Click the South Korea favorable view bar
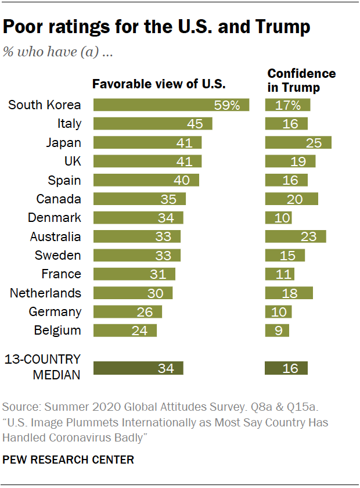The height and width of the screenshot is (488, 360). pos(171,105)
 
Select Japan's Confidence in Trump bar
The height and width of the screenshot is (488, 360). pos(298,143)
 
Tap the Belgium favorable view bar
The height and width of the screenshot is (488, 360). pos(125,331)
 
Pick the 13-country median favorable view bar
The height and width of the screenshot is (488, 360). pos(138,368)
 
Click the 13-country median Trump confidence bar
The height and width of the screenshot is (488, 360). pos(286,368)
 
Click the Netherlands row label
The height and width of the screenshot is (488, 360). pos(45,293)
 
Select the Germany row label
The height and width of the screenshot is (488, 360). pos(55,312)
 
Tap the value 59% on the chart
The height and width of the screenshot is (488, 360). pos(228,105)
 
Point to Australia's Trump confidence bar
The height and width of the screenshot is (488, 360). pos(295,236)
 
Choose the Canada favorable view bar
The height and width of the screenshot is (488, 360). pos(139,199)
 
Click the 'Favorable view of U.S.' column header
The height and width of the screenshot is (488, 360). pos(159,84)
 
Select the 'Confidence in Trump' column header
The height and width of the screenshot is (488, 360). pos(301,81)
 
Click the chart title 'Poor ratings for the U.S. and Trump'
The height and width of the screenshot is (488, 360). pos(157,27)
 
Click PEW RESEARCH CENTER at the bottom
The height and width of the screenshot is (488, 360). pos(69,460)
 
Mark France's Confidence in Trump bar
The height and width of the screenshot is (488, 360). pos(279,274)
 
